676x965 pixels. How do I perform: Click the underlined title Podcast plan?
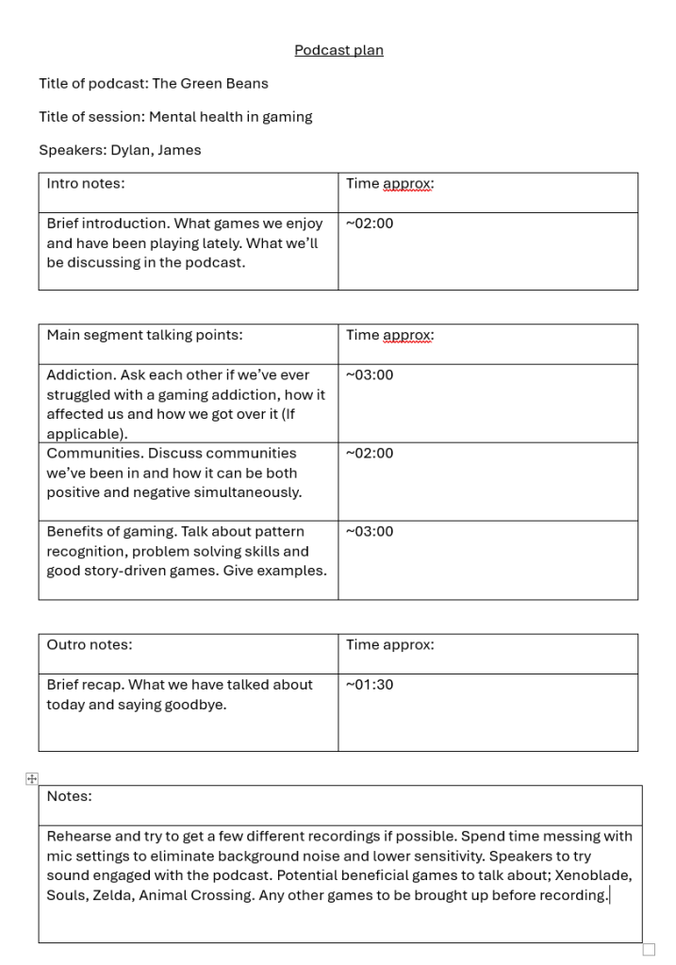tap(338, 50)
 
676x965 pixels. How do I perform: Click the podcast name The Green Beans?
tap(210, 83)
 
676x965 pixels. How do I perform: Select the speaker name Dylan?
tap(130, 150)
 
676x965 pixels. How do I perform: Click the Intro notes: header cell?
tap(86, 184)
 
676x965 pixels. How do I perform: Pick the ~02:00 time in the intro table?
tap(370, 224)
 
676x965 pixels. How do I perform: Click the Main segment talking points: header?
tap(144, 335)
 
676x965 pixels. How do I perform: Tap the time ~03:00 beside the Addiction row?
tap(370, 374)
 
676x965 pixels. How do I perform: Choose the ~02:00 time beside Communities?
tap(370, 453)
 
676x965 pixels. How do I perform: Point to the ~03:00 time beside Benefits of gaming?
tap(370, 531)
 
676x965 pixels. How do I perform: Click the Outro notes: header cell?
tap(90, 645)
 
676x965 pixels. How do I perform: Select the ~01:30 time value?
tap(370, 685)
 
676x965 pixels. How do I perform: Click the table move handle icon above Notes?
tap(32, 778)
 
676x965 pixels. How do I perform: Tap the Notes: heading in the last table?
tap(70, 796)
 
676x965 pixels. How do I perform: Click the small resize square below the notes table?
tap(649, 949)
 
